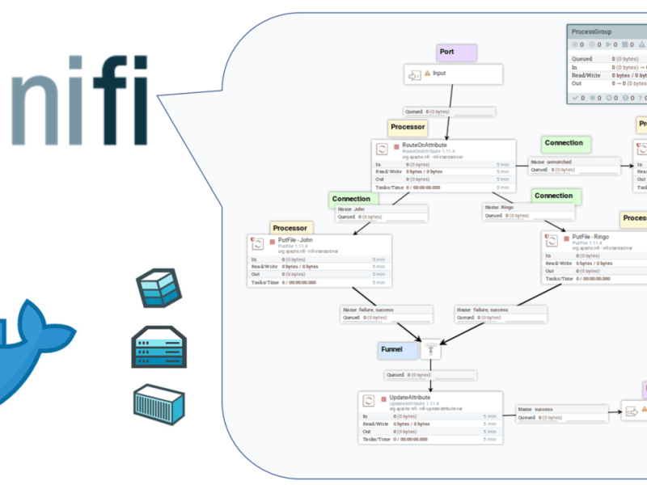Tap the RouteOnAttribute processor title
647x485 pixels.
(x=425, y=145)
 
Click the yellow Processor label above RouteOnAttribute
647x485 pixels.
(x=407, y=127)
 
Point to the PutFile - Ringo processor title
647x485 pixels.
(x=590, y=238)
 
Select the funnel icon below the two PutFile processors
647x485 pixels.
(x=430, y=349)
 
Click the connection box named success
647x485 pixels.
(x=560, y=413)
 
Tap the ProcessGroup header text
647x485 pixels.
(x=592, y=32)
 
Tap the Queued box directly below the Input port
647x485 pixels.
(x=448, y=112)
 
